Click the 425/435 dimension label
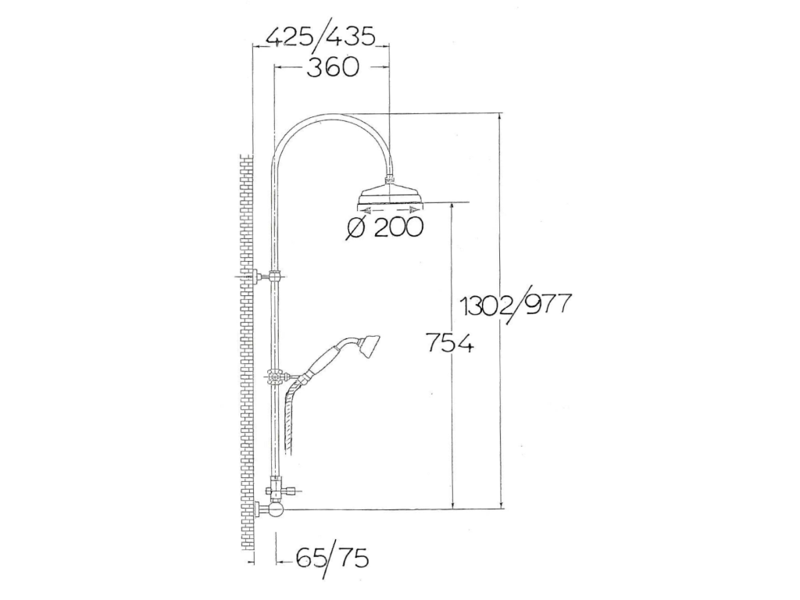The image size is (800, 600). click(x=321, y=37)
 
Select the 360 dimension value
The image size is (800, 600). click(x=333, y=67)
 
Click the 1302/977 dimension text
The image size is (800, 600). click(x=514, y=305)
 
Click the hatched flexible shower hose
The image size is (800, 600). click(x=291, y=413)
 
